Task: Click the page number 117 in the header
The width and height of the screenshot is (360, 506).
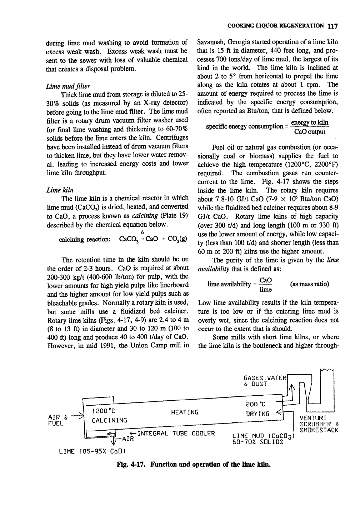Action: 332,26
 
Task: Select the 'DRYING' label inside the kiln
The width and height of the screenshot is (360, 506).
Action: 258,414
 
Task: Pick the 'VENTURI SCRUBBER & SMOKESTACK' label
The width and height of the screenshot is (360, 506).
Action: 319,424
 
